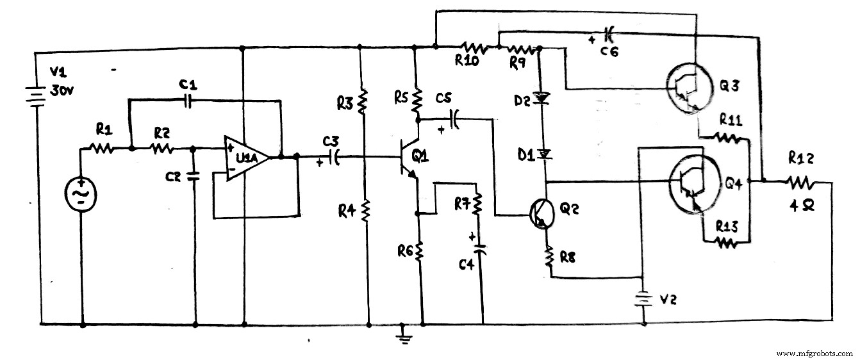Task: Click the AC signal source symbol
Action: coord(82,193)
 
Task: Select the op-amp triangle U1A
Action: coord(247,158)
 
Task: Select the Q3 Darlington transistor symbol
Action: coord(684,88)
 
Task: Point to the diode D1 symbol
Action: coord(543,154)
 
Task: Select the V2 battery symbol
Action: coord(641,299)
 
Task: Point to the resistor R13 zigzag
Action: coord(724,242)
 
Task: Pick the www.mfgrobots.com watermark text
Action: coord(814,353)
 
